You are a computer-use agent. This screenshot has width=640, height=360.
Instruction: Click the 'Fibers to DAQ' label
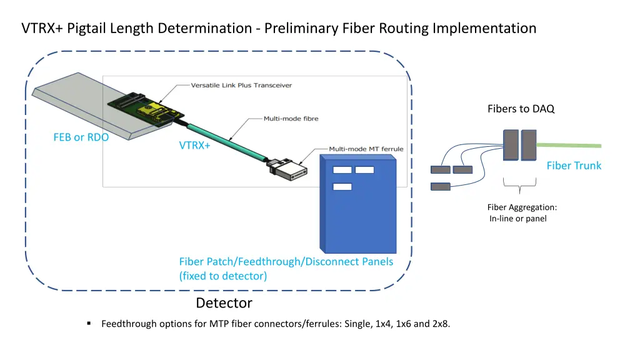pyautogui.click(x=521, y=109)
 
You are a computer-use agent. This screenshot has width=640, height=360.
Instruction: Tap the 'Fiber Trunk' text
pyautogui.click(x=574, y=166)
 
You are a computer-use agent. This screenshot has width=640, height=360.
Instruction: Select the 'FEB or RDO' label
pyautogui.click(x=81, y=137)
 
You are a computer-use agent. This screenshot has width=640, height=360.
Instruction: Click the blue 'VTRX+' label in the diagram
pyautogui.click(x=195, y=146)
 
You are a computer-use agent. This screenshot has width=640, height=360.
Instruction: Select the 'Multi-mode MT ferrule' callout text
pyautogui.click(x=366, y=149)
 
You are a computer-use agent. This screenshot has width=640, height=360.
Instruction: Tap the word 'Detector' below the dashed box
pyautogui.click(x=224, y=303)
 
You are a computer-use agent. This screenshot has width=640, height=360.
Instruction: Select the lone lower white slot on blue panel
pyautogui.click(x=342, y=186)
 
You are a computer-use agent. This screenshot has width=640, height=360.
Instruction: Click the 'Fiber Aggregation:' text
pyautogui.click(x=522, y=207)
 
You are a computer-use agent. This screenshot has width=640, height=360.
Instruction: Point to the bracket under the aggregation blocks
pyautogui.click(x=520, y=182)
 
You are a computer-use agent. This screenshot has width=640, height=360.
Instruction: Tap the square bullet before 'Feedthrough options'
pyautogui.click(x=90, y=323)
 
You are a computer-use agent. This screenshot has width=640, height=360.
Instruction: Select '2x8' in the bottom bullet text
pyautogui.click(x=440, y=323)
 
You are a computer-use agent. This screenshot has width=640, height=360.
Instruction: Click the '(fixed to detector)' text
pyautogui.click(x=223, y=276)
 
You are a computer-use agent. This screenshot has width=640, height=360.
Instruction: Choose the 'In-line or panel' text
pyautogui.click(x=518, y=219)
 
